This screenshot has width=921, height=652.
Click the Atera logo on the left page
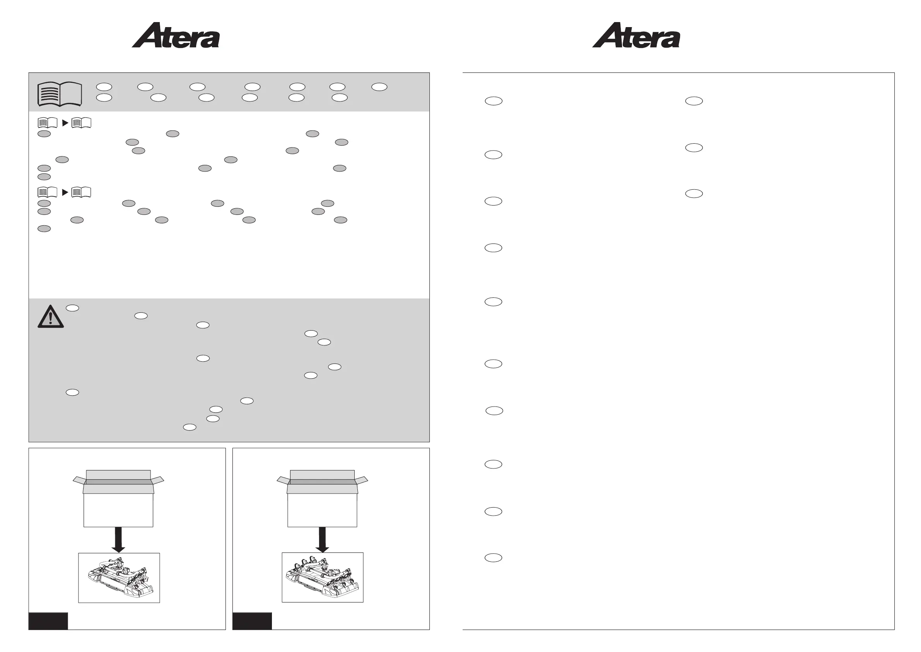click(x=176, y=35)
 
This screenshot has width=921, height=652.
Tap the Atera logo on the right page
click(x=636, y=35)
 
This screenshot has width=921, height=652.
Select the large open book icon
click(x=60, y=94)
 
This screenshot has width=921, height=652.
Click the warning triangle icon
click(x=51, y=317)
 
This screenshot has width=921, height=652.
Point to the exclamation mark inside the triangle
click(x=51, y=318)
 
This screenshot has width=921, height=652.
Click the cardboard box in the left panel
click(x=118, y=499)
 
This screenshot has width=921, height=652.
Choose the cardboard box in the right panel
click(x=322, y=499)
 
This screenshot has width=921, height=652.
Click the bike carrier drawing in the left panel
click(x=119, y=578)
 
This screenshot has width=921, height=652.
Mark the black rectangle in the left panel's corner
click(x=48, y=621)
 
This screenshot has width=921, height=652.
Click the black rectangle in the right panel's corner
click(x=252, y=621)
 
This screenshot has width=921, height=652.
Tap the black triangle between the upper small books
click(x=65, y=123)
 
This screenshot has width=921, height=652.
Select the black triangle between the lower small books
click(x=65, y=193)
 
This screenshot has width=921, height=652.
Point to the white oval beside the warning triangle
click(x=72, y=308)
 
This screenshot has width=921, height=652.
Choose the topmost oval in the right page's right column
click(x=694, y=101)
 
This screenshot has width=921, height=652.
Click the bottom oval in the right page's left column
click(x=494, y=558)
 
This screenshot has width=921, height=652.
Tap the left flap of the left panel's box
click(x=79, y=480)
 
